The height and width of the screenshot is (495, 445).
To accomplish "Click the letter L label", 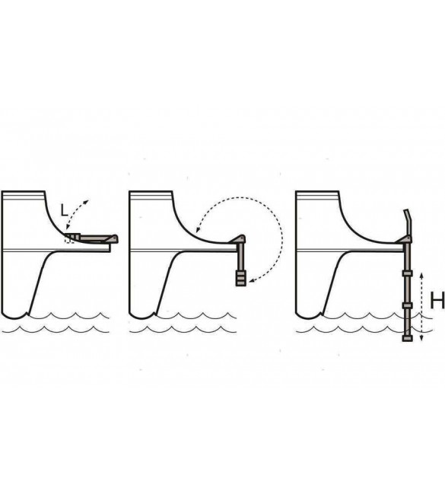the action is pos(64,210).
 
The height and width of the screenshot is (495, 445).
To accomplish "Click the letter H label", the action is pos(437,300).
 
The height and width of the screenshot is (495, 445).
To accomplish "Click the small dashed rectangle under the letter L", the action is pos(69,238).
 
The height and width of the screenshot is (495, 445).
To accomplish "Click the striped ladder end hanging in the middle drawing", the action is pos(241,278).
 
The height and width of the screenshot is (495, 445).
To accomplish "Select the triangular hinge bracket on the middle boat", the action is pos(237,239).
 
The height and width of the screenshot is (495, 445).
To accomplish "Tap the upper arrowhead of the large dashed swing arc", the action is pos(197,230).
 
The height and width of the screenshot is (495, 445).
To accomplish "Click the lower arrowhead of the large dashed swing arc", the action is pos(252,280).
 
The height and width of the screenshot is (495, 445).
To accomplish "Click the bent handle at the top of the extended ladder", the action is pos(408,222).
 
